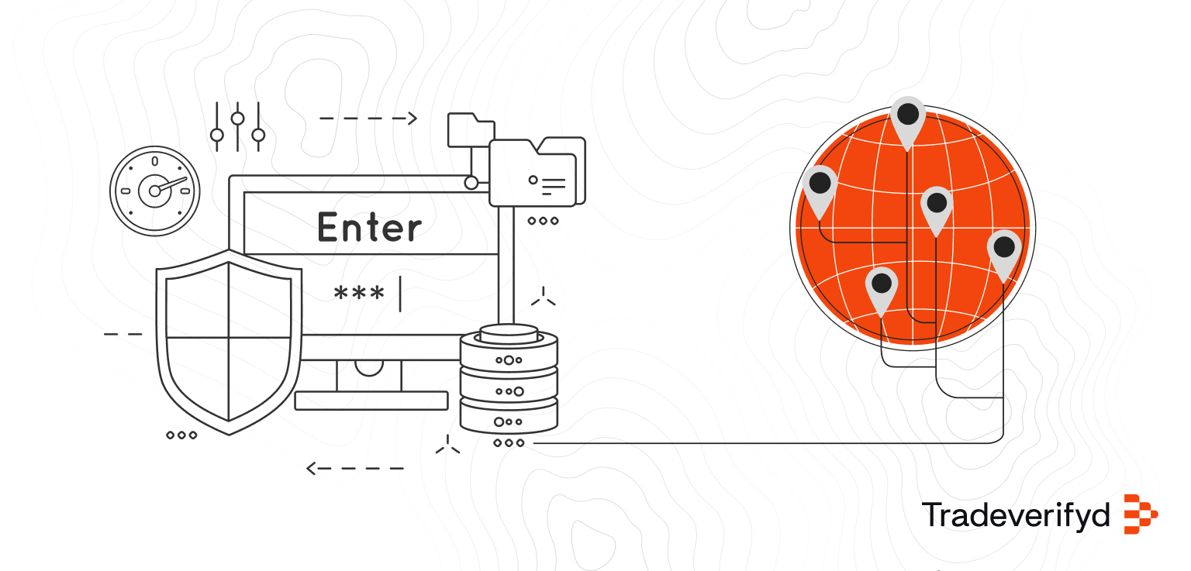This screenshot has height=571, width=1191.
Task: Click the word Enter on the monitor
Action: point(370,228)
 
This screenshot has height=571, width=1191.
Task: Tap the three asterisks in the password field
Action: point(358,294)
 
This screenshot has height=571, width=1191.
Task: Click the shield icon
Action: point(229,341)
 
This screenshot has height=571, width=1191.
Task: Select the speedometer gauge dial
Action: point(155,191)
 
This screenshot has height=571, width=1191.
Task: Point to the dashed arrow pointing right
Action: point(368,119)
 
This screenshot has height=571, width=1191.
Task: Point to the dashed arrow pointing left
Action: point(355,468)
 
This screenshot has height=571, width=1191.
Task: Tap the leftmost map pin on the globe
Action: point(820,186)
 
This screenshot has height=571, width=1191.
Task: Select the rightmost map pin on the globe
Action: point(1004,250)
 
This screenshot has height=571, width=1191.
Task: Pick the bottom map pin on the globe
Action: point(881,287)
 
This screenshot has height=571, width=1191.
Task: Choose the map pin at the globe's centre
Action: point(937,206)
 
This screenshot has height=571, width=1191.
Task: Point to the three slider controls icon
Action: point(237,126)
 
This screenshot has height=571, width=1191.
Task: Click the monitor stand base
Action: point(371,401)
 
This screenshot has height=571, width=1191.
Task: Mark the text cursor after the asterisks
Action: point(400,294)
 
